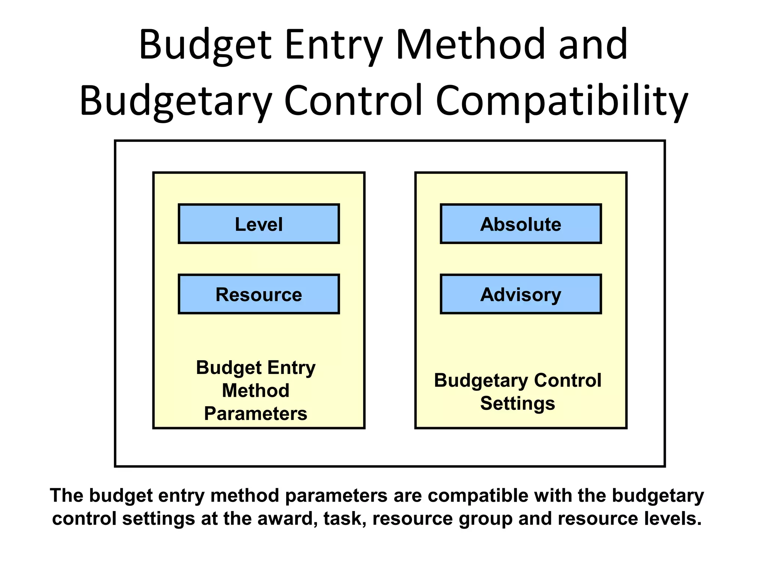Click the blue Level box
(x=259, y=224)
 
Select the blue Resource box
(x=259, y=294)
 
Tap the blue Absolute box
(x=521, y=224)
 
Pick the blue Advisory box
(x=521, y=294)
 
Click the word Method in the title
(x=470, y=45)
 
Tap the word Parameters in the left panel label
(x=255, y=414)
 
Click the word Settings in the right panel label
(x=518, y=403)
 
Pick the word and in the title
(x=593, y=45)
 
